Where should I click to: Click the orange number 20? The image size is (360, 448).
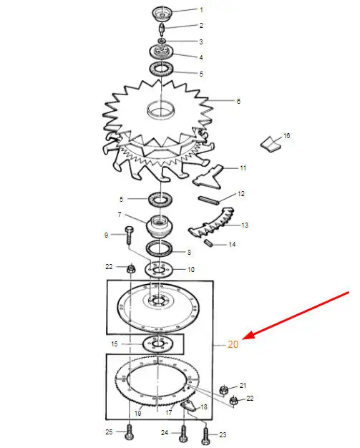coord(233,344)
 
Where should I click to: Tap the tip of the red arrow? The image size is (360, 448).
coord(243,339)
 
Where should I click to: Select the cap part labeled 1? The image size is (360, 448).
coord(162,13)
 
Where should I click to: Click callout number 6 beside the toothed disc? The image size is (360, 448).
coord(238,101)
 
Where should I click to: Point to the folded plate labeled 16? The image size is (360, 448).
coord(271,145)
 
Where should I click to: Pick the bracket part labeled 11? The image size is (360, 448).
coord(208,177)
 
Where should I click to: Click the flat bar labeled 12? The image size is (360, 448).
coord(208,200)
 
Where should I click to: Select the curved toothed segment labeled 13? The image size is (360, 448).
coord(211,223)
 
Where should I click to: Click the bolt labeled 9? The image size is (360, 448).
coord(128,235)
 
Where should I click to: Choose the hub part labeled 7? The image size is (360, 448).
coord(160,225)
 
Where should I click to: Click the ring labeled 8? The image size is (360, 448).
coord(159,249)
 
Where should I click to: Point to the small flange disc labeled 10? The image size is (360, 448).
coord(159,269)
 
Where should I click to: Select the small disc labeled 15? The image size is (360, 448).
coord(157,344)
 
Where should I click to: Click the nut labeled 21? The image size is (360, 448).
coord(224,389)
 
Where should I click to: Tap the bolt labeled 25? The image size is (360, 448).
coord(130,432)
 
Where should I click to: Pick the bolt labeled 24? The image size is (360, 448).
coord(183,434)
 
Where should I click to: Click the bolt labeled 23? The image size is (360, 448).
coord(205,437)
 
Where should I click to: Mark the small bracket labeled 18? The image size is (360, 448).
coord(188,406)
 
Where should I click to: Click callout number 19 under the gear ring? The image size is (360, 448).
coord(137,413)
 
